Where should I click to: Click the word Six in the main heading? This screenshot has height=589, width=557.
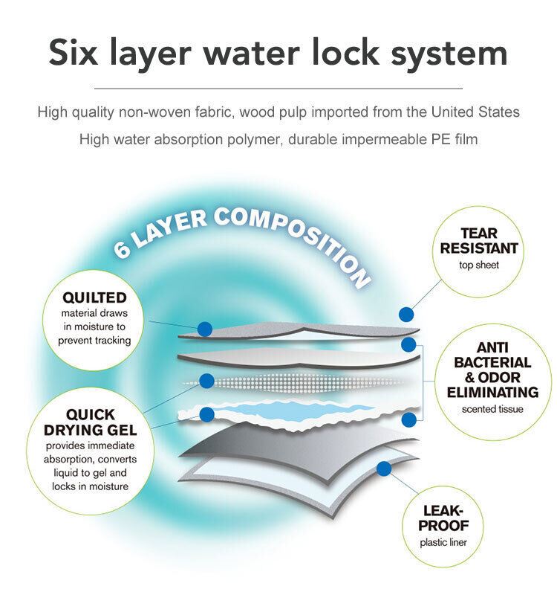pos(73,52)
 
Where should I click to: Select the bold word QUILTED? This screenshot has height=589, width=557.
pos(94,297)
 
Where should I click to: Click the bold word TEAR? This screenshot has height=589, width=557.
pos(479,234)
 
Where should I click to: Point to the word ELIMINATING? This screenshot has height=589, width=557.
pos(492,393)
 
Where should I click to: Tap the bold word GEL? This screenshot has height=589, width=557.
pos(121,430)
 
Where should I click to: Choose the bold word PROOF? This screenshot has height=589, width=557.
pos(443,526)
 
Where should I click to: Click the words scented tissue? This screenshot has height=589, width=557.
pos(492,409)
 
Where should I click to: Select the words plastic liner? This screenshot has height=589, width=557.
pos(443,542)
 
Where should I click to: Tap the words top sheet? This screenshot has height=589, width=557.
pos(479,265)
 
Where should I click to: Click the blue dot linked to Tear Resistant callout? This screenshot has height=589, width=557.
pos(406,315)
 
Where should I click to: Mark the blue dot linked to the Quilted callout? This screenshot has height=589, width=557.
pos(205,329)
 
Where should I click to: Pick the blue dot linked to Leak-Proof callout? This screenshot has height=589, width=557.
pos(384,469)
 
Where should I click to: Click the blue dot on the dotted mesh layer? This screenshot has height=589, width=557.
pos(206,381)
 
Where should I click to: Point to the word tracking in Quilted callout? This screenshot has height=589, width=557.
pos(112,341)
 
